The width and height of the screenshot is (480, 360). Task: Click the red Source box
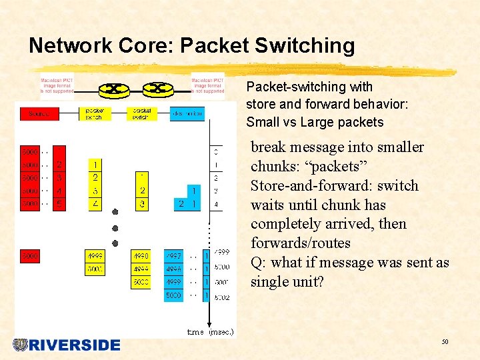click(39, 114)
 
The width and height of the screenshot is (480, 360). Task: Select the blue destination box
click(187, 114)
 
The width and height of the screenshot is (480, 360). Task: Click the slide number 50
click(444, 342)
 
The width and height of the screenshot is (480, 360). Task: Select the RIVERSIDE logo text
click(74, 345)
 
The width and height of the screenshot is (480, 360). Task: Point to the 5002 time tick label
click(222, 297)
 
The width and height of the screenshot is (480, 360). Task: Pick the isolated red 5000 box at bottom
click(30, 256)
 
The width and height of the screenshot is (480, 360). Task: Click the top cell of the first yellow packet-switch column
click(95, 165)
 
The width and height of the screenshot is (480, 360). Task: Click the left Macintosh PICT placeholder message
click(57, 85)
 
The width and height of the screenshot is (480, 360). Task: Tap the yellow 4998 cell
click(141, 256)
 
